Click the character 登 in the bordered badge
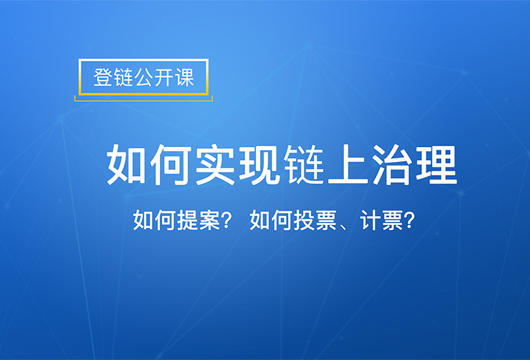(x=103, y=77)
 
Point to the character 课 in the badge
(x=185, y=77)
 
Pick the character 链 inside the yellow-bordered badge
(x=124, y=77)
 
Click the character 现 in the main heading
(x=260, y=165)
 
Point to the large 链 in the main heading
(x=304, y=165)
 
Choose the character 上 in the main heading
(x=348, y=165)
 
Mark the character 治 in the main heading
(x=392, y=165)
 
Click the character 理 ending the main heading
(x=436, y=165)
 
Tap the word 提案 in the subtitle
(x=199, y=220)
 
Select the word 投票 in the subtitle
(x=315, y=220)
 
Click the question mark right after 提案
(x=227, y=220)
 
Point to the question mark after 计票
(x=409, y=220)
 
